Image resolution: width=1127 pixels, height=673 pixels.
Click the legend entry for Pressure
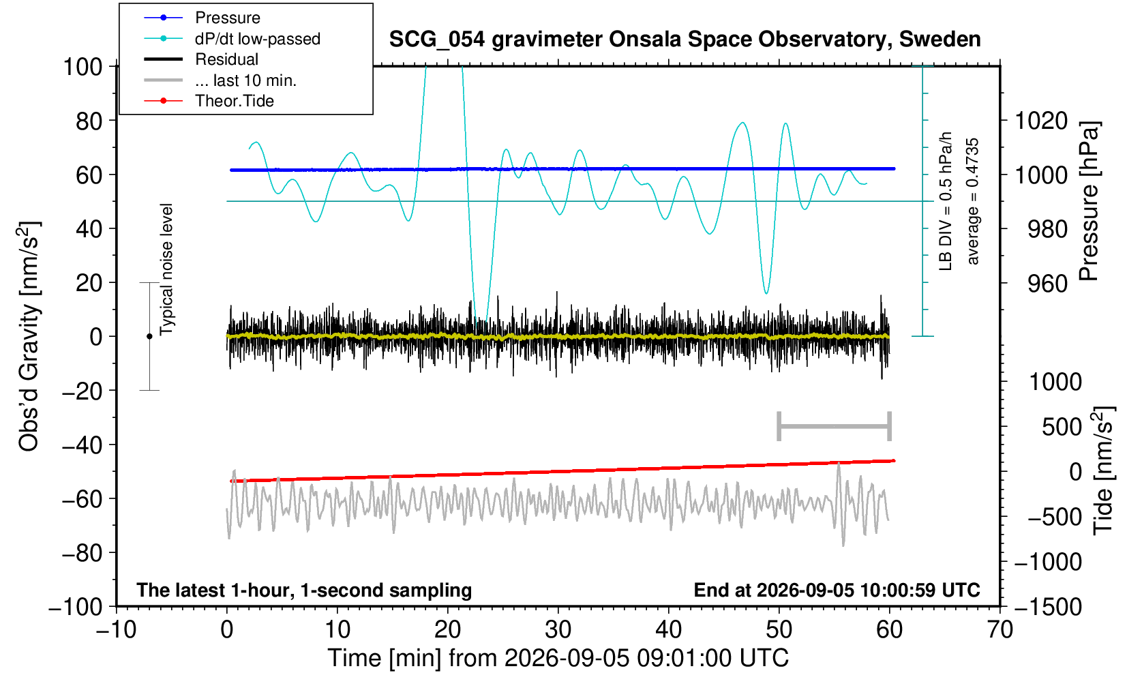coord(228,18)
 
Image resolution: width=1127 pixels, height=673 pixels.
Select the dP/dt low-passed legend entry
coord(258,39)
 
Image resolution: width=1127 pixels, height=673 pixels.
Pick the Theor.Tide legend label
coord(235,101)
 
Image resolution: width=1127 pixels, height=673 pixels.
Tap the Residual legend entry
coord(226,59)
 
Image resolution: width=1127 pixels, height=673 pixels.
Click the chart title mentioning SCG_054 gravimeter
coord(685,40)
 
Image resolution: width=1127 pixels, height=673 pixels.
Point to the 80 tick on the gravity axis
coord(89,121)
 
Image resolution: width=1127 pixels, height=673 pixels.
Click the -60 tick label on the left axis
coord(82,499)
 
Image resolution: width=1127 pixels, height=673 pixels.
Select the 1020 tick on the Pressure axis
coord(1041,121)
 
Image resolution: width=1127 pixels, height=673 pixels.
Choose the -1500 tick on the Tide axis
coord(1048,607)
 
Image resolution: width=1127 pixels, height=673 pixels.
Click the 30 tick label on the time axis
coord(558,630)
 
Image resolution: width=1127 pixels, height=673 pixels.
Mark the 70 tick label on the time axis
coord(1000,630)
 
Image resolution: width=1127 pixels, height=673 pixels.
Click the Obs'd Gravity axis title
coord(29,336)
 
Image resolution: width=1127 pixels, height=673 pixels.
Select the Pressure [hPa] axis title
coord(1090,201)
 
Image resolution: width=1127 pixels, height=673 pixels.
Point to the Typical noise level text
coord(166,269)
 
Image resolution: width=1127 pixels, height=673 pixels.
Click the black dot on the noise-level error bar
coord(149,336)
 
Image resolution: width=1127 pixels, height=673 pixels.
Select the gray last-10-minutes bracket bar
coord(835,426)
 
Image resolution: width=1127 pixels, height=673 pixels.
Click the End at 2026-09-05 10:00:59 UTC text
coord(837,590)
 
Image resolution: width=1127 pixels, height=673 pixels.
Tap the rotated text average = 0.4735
coord(972,201)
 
